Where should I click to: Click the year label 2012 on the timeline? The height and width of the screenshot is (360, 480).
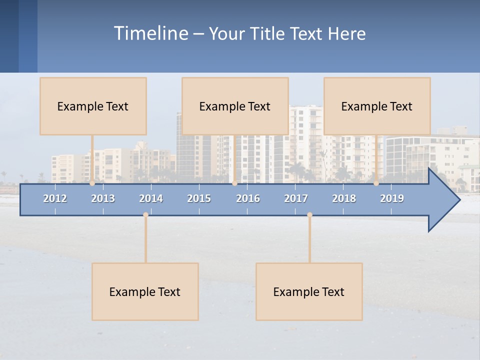pyautogui.click(x=55, y=198)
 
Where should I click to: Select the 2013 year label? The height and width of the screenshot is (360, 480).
pyautogui.click(x=103, y=198)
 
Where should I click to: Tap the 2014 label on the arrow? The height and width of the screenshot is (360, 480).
pyautogui.click(x=151, y=198)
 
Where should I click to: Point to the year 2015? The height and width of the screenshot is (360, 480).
pyautogui.click(x=199, y=198)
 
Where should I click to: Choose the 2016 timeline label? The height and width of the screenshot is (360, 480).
pyautogui.click(x=248, y=198)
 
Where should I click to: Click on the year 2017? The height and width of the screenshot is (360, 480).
pyautogui.click(x=296, y=198)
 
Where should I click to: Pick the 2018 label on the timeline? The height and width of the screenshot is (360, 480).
pyautogui.click(x=344, y=198)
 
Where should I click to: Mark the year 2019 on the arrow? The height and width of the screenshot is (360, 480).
pyautogui.click(x=392, y=198)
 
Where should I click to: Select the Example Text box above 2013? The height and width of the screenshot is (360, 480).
pyautogui.click(x=93, y=106)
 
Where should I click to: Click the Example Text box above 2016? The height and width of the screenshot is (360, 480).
pyautogui.click(x=235, y=106)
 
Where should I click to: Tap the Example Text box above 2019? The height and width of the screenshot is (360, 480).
pyautogui.click(x=377, y=106)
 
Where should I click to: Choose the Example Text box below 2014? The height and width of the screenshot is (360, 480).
pyautogui.click(x=145, y=291)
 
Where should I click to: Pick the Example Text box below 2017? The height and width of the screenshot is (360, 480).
pyautogui.click(x=309, y=291)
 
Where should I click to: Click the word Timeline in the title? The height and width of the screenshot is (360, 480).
pyautogui.click(x=150, y=33)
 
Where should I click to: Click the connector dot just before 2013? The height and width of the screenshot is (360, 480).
pyautogui.click(x=92, y=183)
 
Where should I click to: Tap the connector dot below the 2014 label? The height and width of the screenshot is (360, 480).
pyautogui.click(x=145, y=214)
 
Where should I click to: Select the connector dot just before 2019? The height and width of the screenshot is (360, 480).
pyautogui.click(x=376, y=183)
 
